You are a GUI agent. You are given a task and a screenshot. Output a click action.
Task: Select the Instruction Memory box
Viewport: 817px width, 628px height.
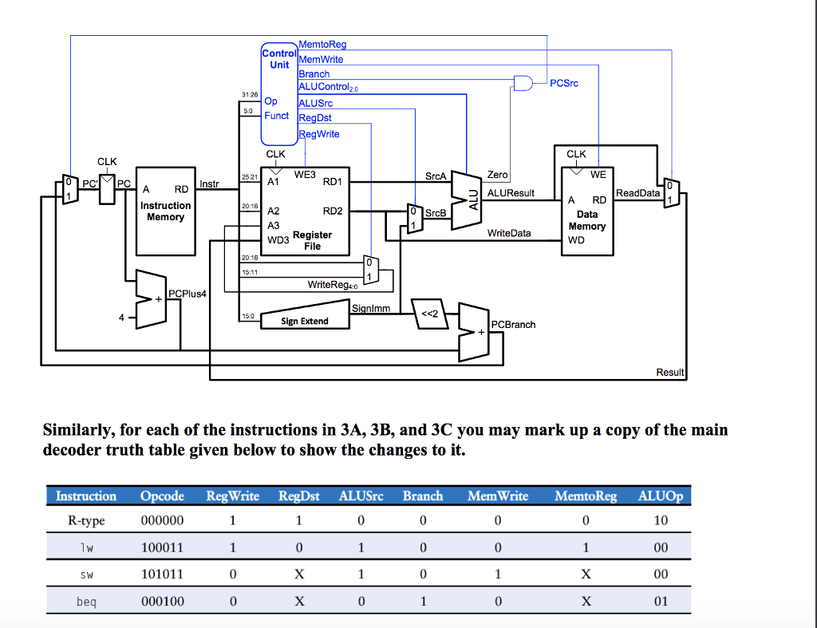[x=165, y=211]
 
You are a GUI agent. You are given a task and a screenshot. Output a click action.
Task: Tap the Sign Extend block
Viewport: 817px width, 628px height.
[x=304, y=321]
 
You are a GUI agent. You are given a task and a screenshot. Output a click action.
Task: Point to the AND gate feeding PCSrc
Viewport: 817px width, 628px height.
[x=523, y=82]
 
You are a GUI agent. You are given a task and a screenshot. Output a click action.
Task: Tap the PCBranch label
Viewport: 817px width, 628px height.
[x=513, y=325]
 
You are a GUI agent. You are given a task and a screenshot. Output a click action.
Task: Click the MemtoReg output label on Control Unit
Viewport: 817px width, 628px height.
[x=322, y=45]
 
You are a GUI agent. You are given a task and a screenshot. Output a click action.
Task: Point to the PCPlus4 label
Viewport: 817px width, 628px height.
[x=187, y=294]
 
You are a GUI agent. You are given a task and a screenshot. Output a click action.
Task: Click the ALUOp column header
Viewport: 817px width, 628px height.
[x=661, y=496]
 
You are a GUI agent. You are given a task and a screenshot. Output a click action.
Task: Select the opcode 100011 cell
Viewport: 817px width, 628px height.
[x=162, y=548]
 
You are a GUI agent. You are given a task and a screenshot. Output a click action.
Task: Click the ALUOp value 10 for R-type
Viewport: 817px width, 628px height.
[x=661, y=521]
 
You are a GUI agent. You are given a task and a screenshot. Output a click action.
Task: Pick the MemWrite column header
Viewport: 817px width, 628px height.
[x=498, y=496]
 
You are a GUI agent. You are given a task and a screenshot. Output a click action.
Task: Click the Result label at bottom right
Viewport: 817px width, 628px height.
[x=669, y=373]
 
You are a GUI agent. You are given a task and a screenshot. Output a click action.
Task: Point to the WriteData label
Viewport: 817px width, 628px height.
[x=508, y=233]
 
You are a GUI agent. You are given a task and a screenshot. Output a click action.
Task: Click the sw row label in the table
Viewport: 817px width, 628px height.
[x=86, y=575]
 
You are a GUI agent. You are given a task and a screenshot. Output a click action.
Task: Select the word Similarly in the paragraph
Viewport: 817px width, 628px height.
[x=76, y=431]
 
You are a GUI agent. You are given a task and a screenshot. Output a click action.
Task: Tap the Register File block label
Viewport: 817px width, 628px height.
[x=312, y=240]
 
